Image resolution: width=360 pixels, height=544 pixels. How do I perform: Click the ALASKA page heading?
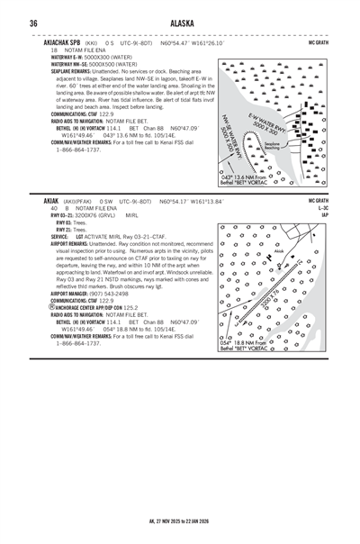179,23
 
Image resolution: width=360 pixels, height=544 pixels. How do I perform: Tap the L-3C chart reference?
322,208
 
